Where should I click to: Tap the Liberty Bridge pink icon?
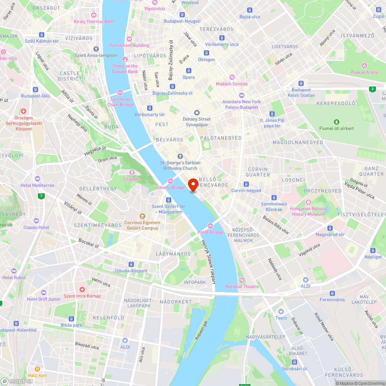click(171, 181)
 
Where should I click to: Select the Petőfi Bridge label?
click(210, 232)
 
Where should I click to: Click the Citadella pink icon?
click(132, 173)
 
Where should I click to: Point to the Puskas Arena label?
click(364, 72)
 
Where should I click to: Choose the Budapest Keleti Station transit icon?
click(301, 83)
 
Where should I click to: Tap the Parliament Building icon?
click(129, 39)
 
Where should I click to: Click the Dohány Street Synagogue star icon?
click(197, 112)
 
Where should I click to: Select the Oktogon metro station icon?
click(207, 53)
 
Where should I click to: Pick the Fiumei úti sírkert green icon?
click(337, 122)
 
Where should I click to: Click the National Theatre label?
click(242, 286)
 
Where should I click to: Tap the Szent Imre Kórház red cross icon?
click(82, 289)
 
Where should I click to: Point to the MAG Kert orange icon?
click(37, 369)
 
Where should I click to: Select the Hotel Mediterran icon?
click(37, 179)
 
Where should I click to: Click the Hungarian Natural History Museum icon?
click(308, 202)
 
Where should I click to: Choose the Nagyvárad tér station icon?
click(330, 228)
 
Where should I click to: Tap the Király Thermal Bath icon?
click(94, 15)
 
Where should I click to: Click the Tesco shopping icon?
click(281, 311)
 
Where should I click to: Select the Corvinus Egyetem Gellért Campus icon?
click(142, 216)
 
